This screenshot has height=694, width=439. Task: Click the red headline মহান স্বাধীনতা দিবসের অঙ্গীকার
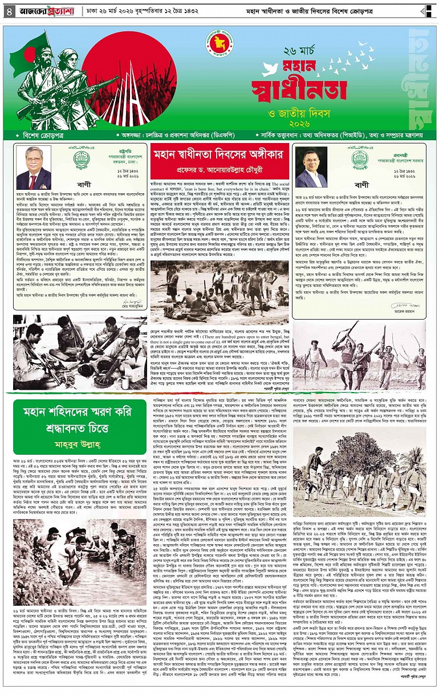[x=219, y=155]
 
